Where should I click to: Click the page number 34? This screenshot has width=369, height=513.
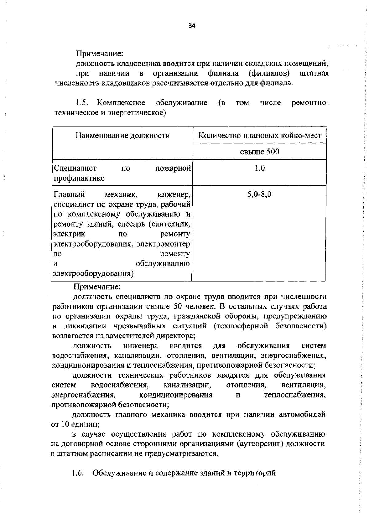[192, 26]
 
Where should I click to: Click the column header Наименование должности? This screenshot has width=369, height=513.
[122, 135]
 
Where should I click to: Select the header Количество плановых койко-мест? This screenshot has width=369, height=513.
[260, 135]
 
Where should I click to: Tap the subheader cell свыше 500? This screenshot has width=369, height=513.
[260, 152]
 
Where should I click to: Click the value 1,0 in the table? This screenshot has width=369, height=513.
[260, 168]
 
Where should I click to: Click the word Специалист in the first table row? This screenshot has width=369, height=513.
[75, 168]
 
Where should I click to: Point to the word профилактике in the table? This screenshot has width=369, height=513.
[79, 178]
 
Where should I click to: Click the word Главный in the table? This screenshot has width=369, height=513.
[69, 194]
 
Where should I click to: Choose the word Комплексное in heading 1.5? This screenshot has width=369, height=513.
[121, 103]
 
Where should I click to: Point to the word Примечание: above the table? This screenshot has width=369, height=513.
[100, 54]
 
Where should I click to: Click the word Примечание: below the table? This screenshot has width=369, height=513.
[97, 287]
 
